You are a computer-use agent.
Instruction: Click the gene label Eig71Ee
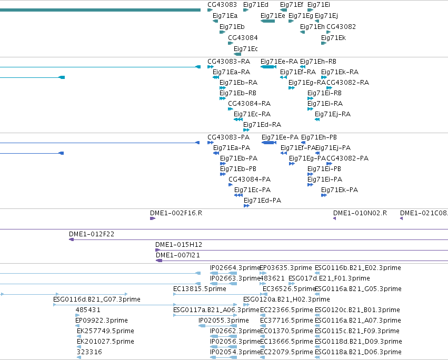pos(273,16)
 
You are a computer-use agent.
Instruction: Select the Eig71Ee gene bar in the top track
pos(268,21)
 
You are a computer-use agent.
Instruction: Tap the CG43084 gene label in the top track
pos(243,38)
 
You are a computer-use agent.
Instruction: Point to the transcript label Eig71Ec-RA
pos(252,114)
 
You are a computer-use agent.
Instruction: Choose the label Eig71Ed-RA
pos(262,125)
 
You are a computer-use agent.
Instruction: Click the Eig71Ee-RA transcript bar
pos(268,67)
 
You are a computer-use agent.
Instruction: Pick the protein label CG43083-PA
pos(228,137)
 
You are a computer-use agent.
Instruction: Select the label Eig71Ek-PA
pos(340,189)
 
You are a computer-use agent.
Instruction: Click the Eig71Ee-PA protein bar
pos(269,143)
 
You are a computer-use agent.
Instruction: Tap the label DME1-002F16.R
pos(176,213)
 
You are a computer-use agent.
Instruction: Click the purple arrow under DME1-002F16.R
pos(153,218)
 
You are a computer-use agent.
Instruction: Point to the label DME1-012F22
pos(92,234)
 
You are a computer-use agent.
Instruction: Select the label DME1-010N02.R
pos(360,213)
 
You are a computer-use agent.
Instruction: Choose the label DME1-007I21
pos(178,255)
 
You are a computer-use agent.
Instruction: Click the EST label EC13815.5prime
pos(200,289)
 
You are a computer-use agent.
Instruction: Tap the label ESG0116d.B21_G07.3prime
pos(96,299)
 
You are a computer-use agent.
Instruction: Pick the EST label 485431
pos(88,310)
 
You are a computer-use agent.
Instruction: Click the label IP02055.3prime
pos(223,321)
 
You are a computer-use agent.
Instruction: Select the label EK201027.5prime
pos(105,342)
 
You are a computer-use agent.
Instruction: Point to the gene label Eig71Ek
pos(333,38)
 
